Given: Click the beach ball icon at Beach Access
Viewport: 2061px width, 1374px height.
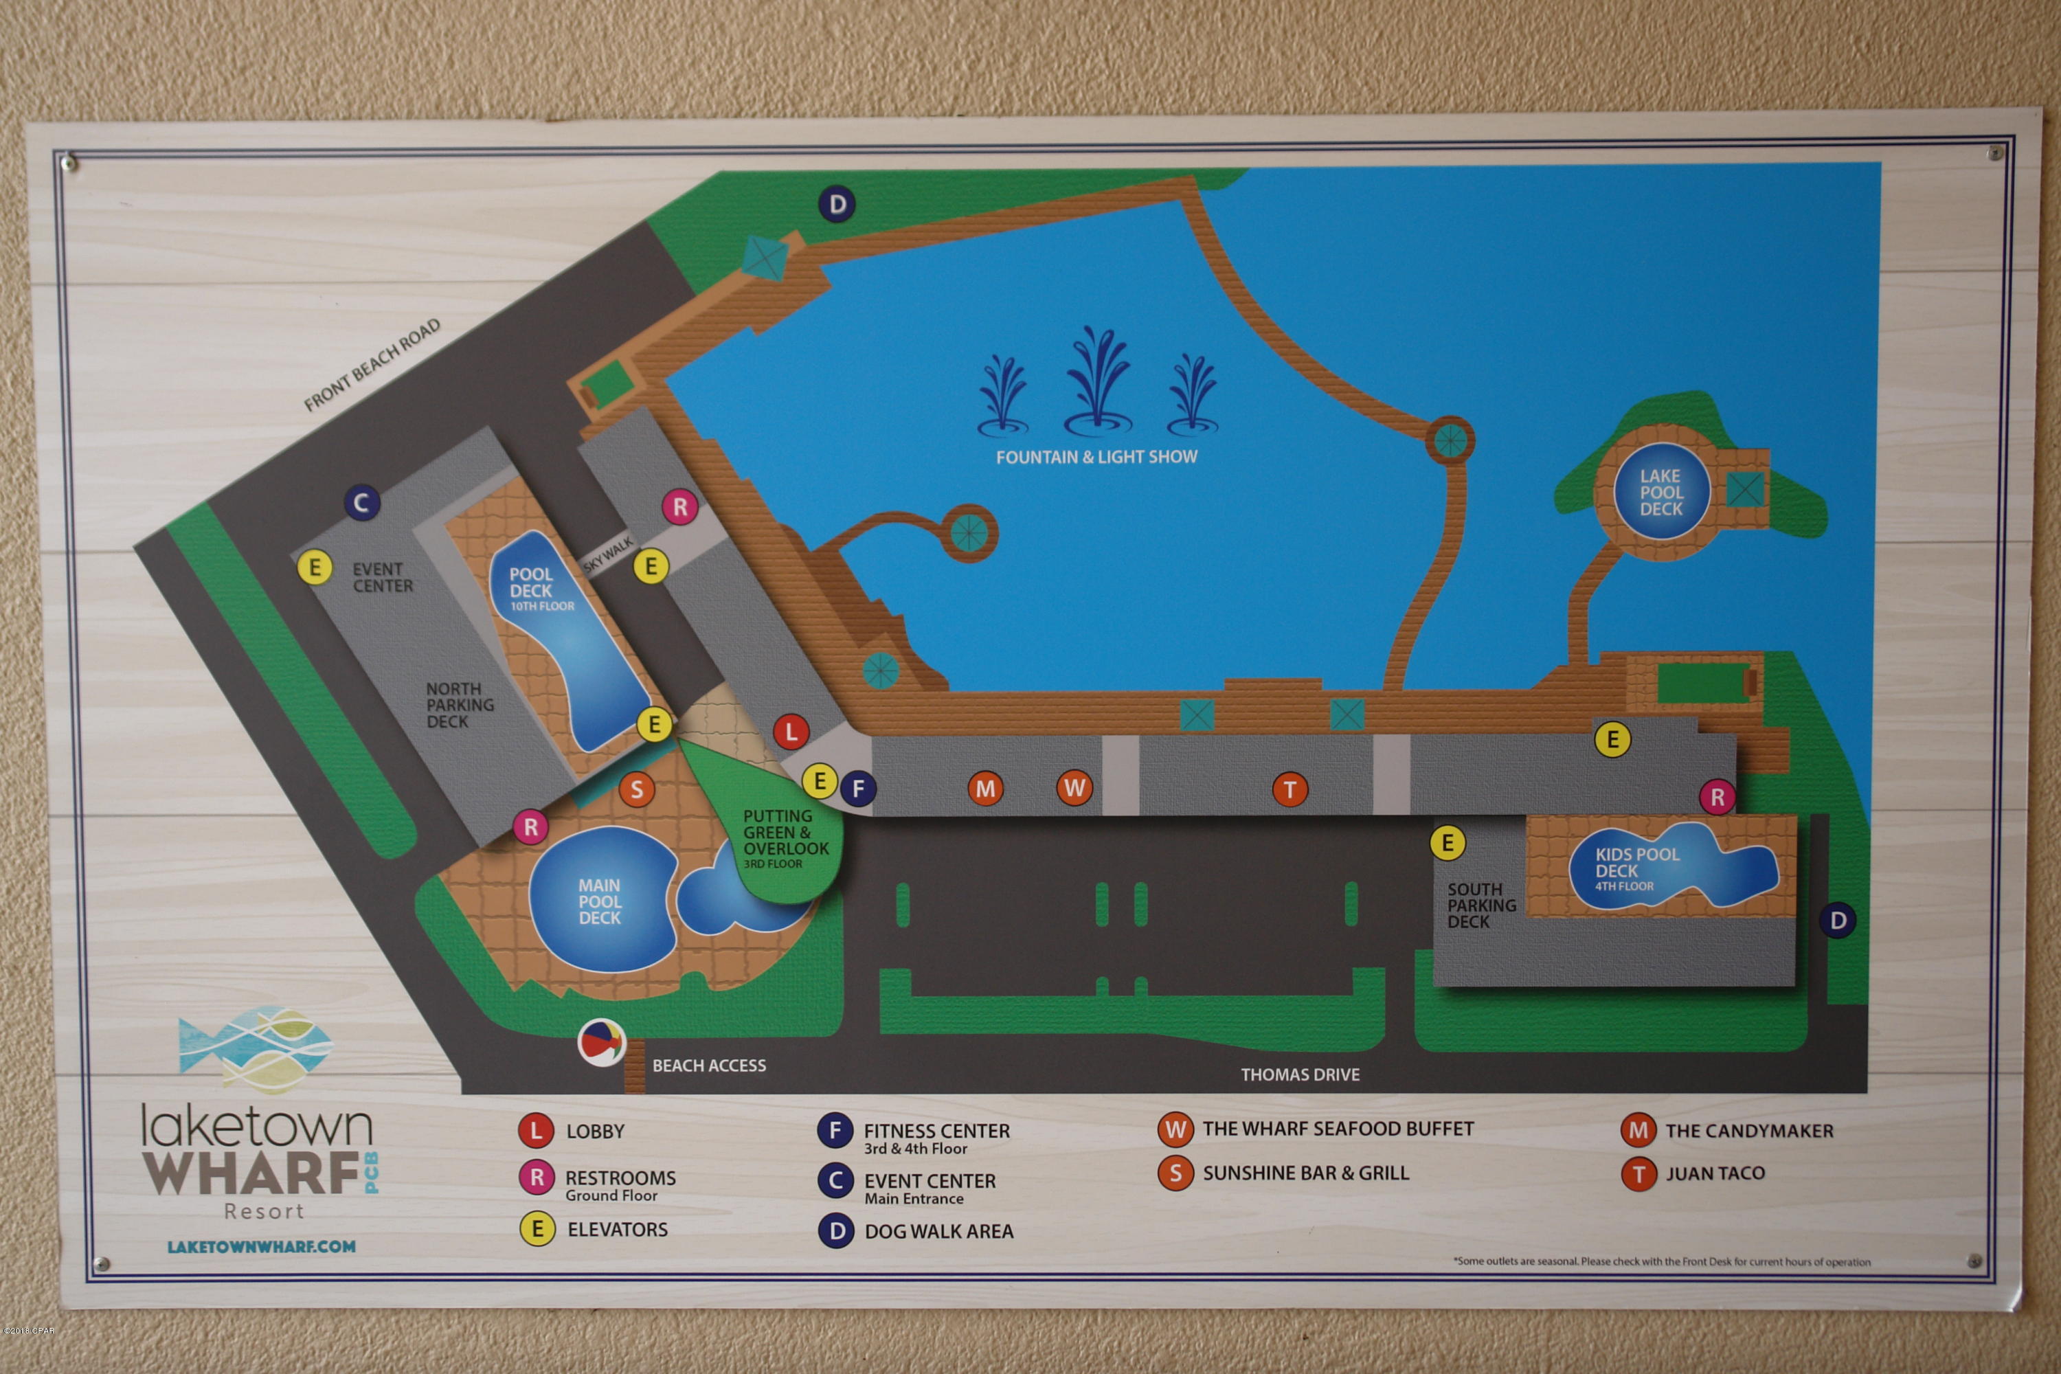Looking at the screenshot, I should (x=601, y=1043).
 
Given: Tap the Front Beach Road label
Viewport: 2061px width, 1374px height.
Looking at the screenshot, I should (x=372, y=365).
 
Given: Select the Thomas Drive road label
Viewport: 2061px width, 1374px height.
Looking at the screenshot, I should (x=1300, y=1074).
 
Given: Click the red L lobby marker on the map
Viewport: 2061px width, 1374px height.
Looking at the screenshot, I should (x=791, y=732).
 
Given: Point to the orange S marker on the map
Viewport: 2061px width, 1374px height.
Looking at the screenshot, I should (x=637, y=789).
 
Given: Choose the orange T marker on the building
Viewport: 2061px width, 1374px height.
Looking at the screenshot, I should (x=1289, y=789).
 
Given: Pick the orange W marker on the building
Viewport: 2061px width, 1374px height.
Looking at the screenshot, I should (x=1074, y=788).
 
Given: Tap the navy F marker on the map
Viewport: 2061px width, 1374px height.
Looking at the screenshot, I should (x=858, y=788).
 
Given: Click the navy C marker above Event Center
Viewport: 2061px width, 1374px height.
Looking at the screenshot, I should (x=361, y=502).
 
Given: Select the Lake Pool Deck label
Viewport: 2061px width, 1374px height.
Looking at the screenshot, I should (x=1660, y=492).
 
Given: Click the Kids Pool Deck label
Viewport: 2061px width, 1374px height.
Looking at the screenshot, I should (x=1636, y=868).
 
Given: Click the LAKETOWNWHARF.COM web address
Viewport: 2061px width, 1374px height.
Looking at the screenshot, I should (x=261, y=1246).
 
